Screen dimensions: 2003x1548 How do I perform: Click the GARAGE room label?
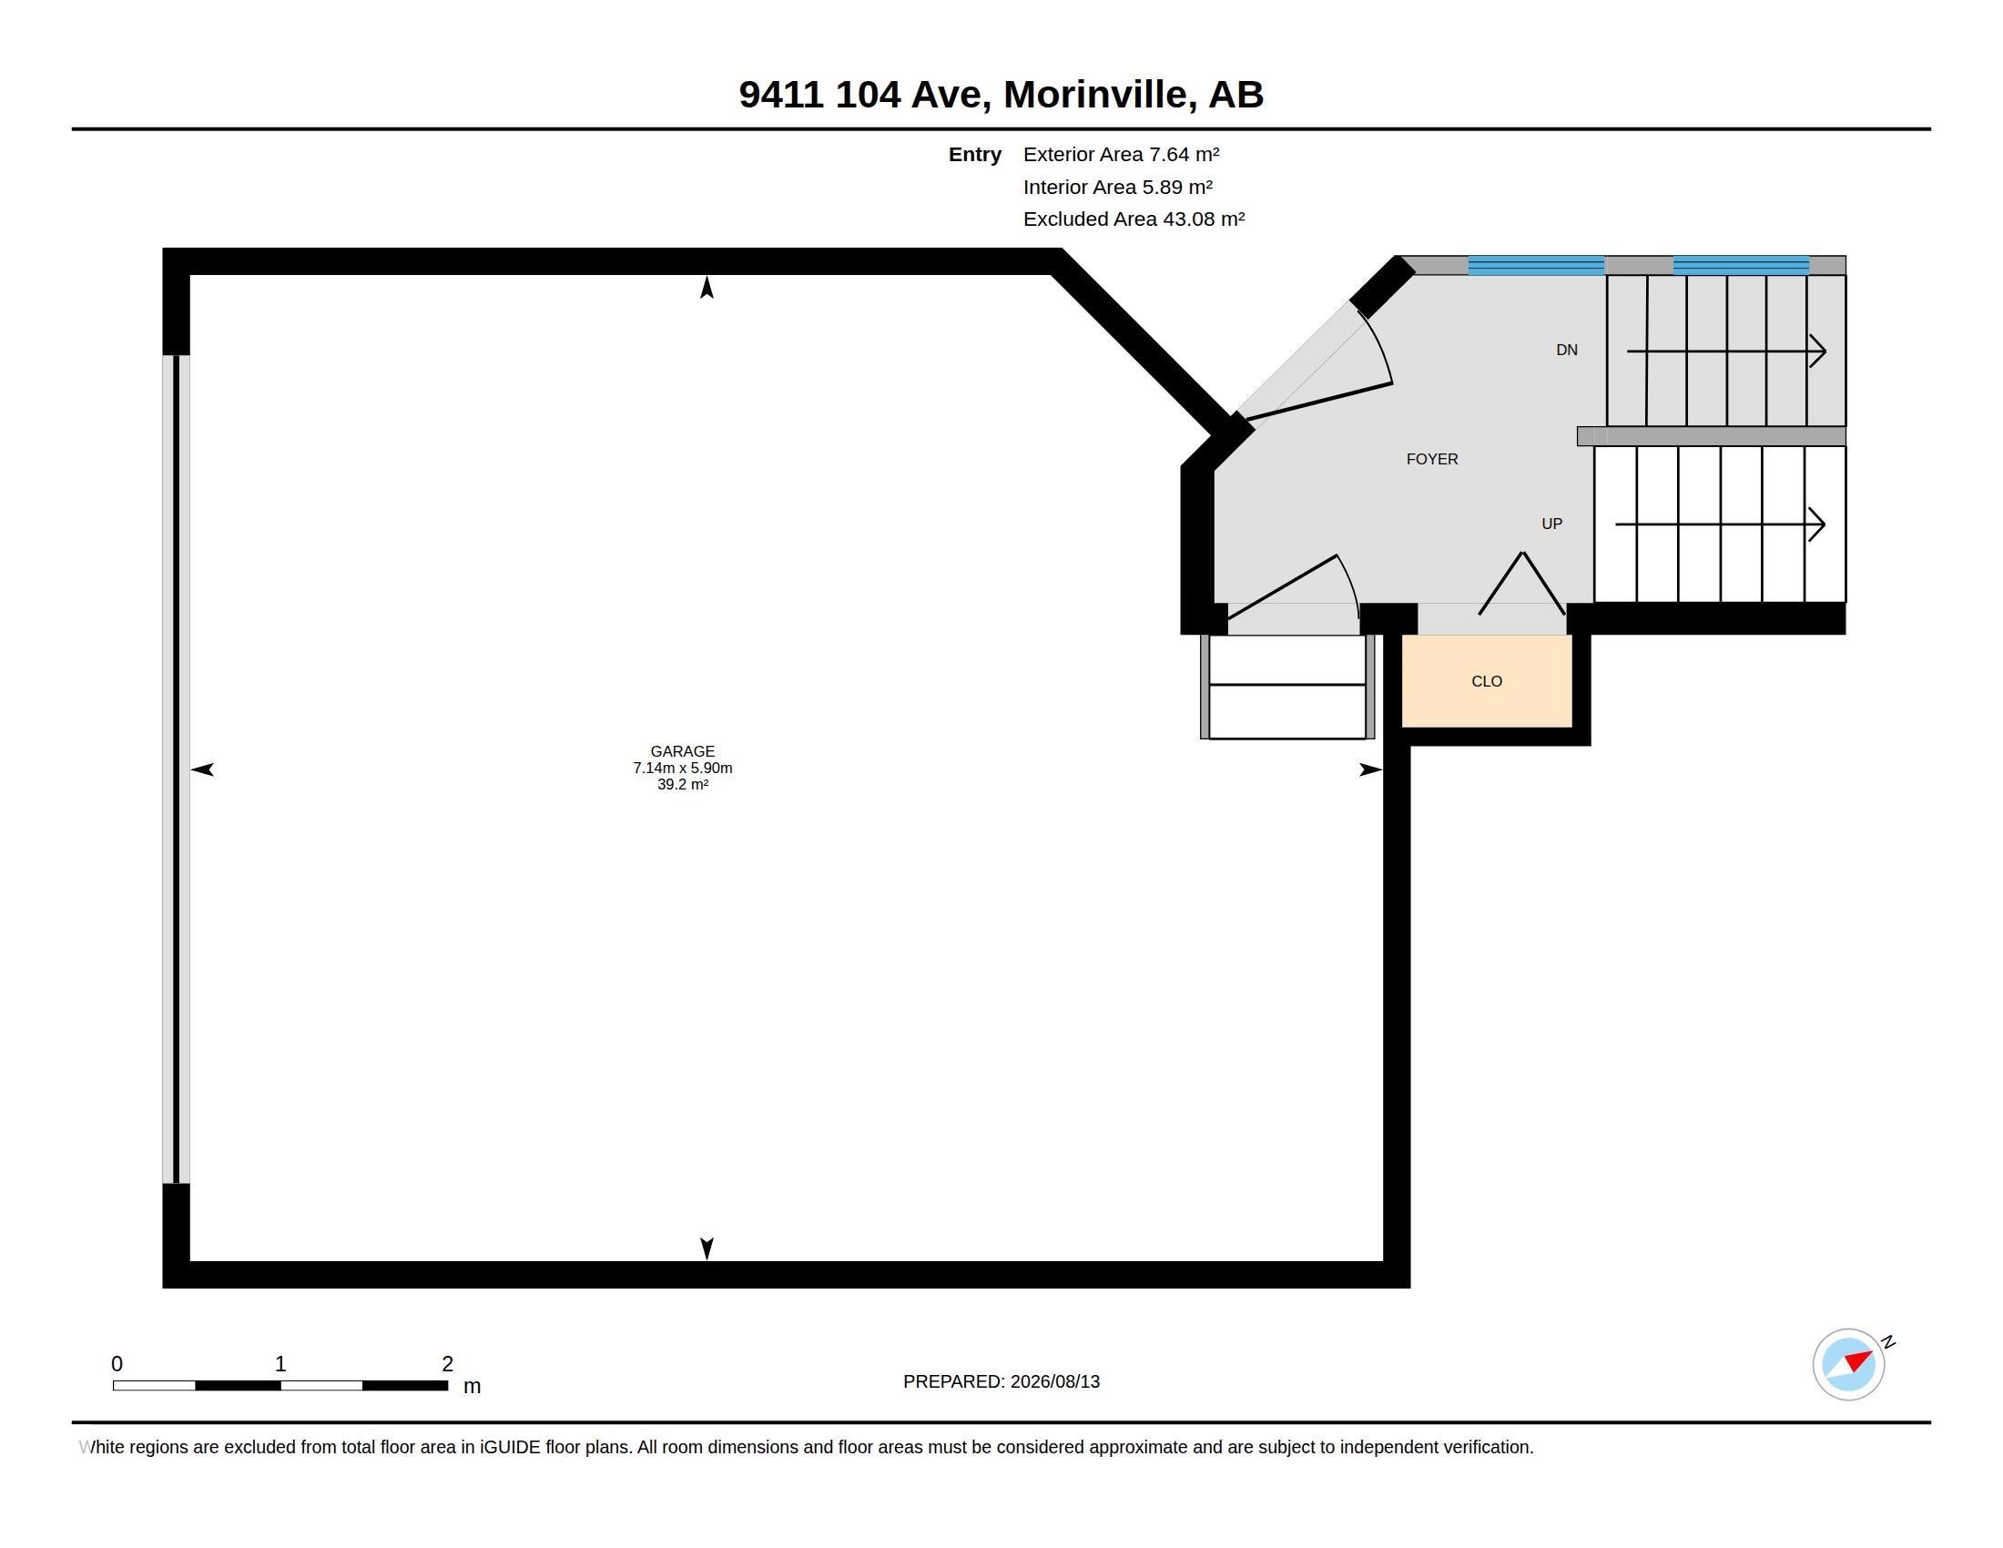coord(682,751)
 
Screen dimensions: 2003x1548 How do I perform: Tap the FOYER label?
coord(1431,460)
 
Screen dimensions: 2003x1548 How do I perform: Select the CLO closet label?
coord(1487,681)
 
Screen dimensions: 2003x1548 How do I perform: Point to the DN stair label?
coord(1567,350)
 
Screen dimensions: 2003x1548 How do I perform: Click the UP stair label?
coord(1551,524)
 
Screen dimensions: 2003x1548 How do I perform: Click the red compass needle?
coord(1858,1360)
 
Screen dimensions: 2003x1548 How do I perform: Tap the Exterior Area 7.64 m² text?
coord(1121,154)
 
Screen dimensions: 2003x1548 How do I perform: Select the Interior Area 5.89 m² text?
coord(1118,187)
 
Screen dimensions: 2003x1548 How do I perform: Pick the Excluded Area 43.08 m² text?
coord(1134,219)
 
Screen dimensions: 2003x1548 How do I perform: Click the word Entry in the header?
coord(974,154)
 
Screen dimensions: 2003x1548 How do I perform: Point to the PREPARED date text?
coord(1001,1381)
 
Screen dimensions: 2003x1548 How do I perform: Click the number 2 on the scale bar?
coord(448,1364)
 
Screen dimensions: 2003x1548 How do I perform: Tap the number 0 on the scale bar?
coord(117,1364)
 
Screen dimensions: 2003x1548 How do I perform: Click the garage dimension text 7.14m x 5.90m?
coord(682,768)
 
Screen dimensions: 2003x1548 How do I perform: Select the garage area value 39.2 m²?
coord(682,784)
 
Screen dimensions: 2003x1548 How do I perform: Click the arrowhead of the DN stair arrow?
coord(1819,351)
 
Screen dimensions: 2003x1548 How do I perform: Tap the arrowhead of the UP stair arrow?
coord(1818,524)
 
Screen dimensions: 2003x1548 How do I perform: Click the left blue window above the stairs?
coord(1536,265)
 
